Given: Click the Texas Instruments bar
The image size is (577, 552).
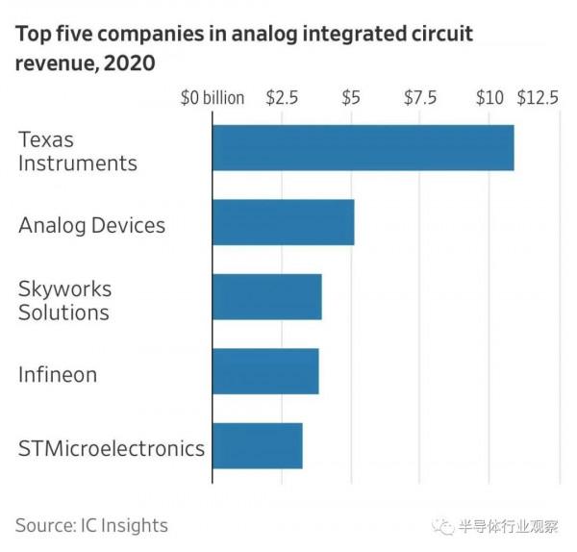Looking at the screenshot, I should tap(363, 147).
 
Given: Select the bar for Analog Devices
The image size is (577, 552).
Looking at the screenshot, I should tap(283, 222).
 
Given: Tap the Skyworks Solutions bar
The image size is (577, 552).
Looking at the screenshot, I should tap(266, 296).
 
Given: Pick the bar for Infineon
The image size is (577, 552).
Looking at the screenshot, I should tap(264, 370).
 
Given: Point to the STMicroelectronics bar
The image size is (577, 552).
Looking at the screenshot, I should tap(257, 445).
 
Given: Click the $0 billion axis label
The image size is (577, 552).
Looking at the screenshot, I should tap(213, 98).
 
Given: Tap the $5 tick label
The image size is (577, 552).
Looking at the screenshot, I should tap(351, 98).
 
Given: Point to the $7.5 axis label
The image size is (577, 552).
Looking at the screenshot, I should tap(419, 98).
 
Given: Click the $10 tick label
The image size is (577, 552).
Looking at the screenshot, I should tap(489, 98).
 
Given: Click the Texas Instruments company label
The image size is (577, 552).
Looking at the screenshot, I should tap(77, 151).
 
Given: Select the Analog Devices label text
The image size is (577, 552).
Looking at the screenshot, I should tap(91, 225).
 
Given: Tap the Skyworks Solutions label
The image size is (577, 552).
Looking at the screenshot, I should tap(64, 300).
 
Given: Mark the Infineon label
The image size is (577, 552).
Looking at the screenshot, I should tap(58, 374).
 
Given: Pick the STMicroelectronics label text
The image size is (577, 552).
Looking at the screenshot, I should tap(112, 448).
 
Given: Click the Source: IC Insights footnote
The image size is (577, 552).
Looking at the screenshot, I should tap(91, 525).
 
